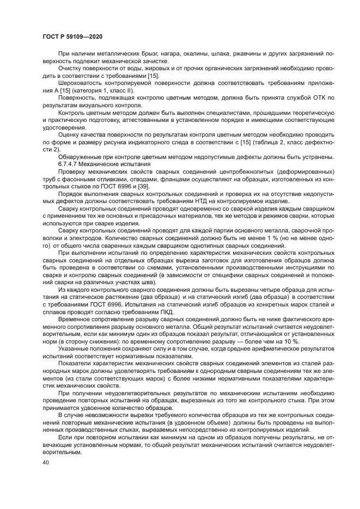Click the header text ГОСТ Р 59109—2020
click(x=72, y=36)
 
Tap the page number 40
click(x=46, y=462)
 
